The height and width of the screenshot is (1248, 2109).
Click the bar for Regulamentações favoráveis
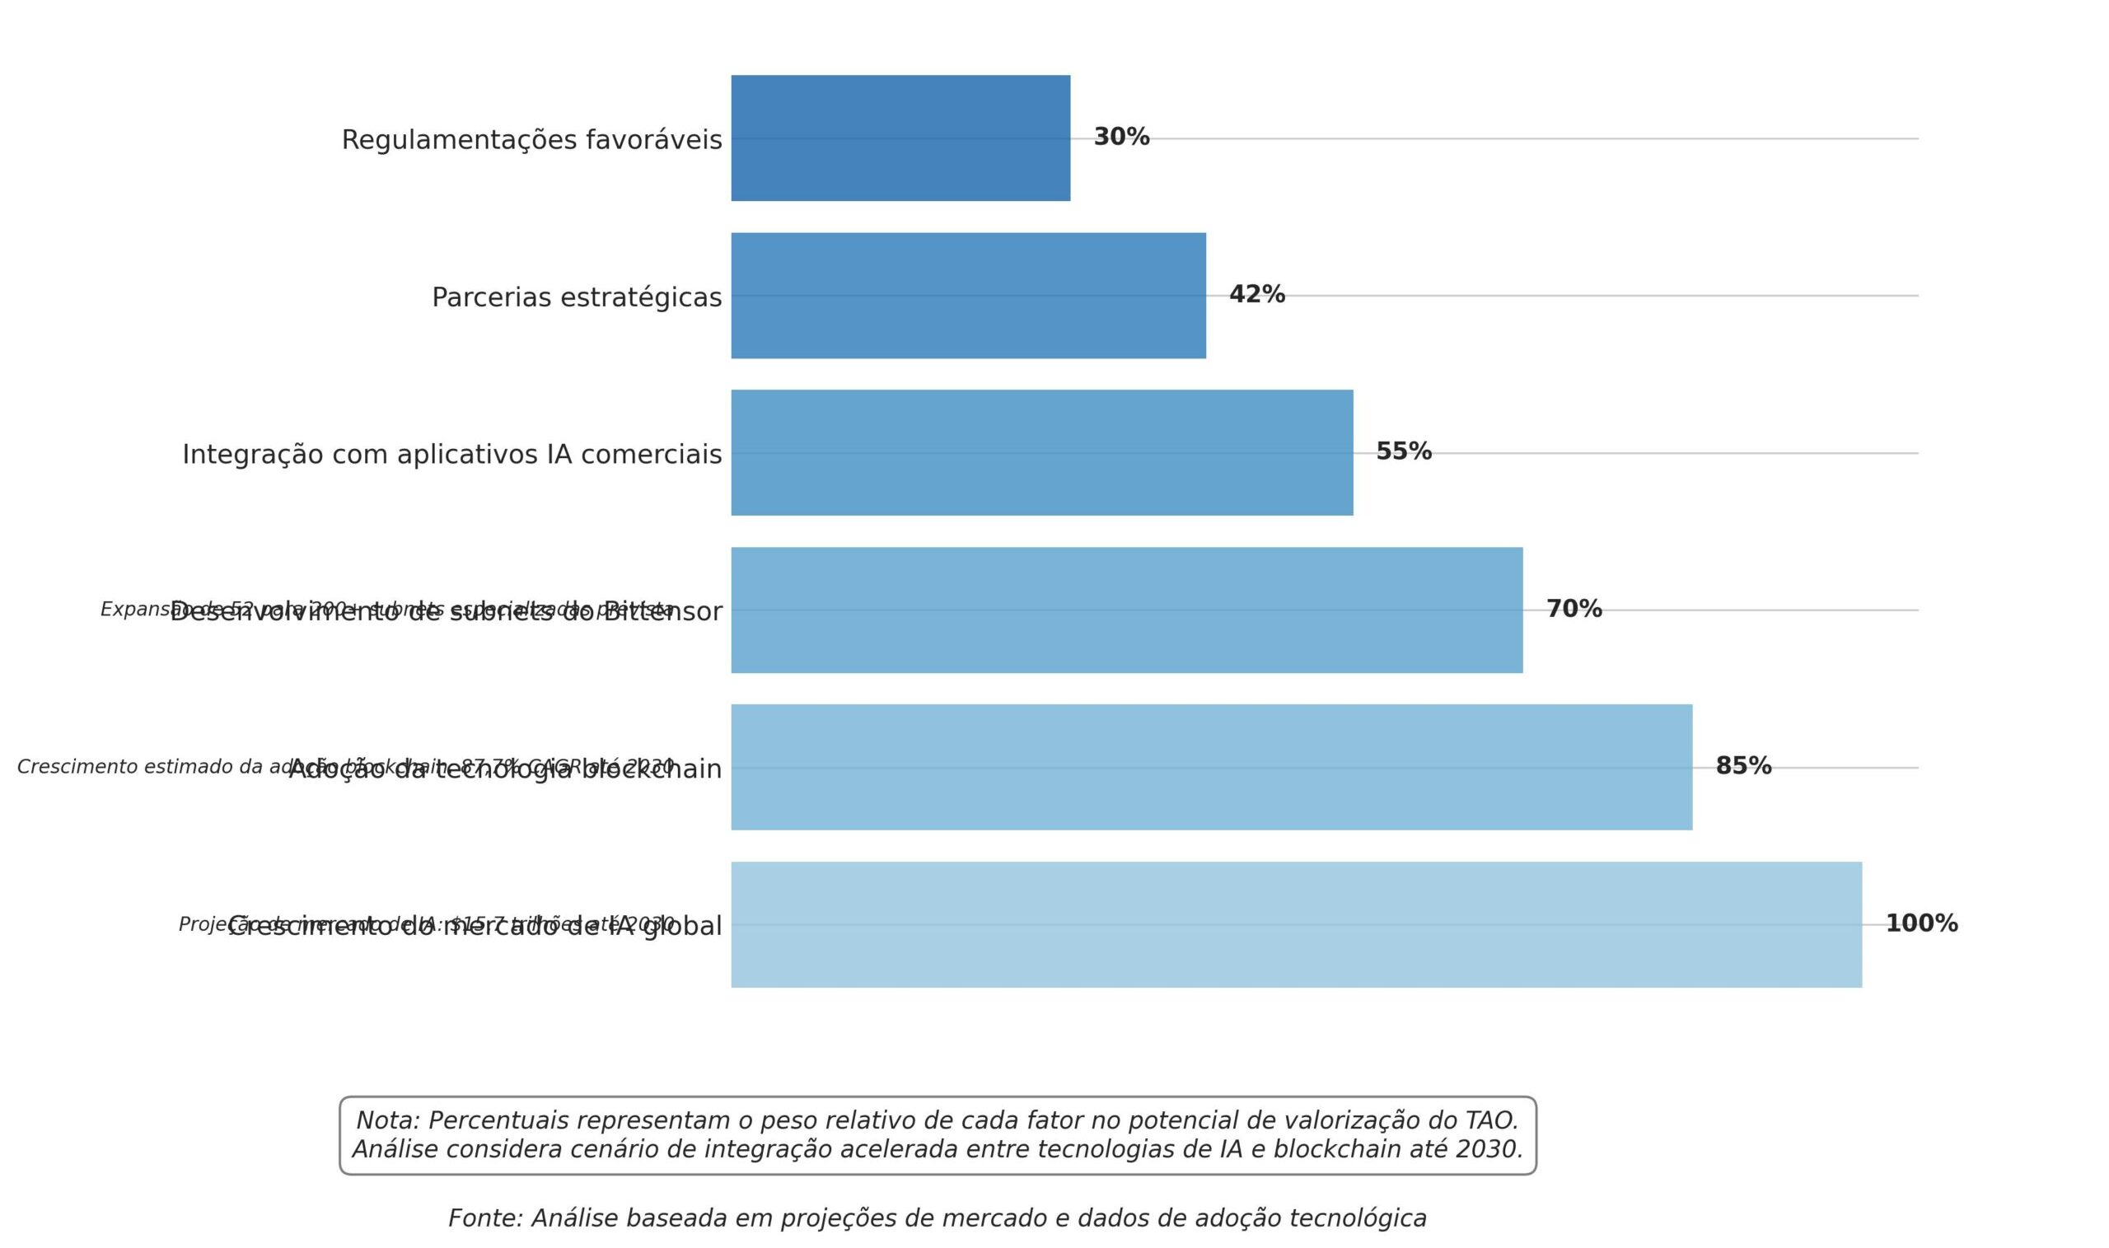(900, 138)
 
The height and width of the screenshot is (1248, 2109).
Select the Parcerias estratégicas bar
(968, 295)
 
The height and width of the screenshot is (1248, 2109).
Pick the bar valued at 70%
(1126, 610)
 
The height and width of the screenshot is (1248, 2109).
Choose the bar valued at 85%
(1211, 767)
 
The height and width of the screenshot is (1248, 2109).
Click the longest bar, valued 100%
(1296, 924)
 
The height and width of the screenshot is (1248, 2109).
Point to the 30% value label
(1121, 137)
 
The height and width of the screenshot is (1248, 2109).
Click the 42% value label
(1256, 294)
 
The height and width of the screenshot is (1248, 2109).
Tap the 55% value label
(1403, 451)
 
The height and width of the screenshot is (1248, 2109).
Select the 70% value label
(1574, 609)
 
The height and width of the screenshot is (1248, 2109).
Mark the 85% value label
(1743, 766)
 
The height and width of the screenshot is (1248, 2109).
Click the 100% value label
(1921, 923)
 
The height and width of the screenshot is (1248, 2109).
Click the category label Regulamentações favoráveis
(531, 139)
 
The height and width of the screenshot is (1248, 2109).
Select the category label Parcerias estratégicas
(576, 297)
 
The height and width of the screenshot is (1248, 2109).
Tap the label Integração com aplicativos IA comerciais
(451, 454)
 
